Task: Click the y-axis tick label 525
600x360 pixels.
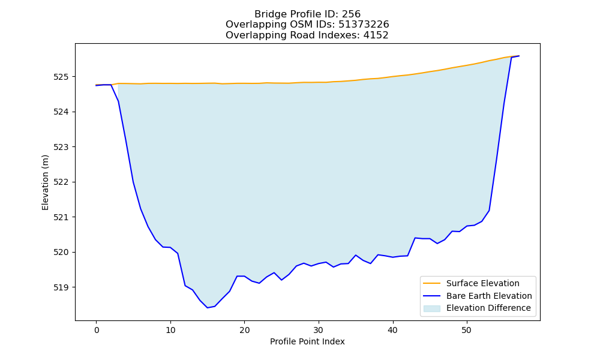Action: [x=61, y=77]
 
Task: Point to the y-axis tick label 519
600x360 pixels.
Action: [x=61, y=287]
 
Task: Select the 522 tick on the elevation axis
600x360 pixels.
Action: [x=61, y=182]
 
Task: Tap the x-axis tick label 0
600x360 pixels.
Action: [x=97, y=330]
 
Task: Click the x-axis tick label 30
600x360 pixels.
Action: [x=319, y=330]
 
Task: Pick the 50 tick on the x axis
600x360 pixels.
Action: [x=466, y=330]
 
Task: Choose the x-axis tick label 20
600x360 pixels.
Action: [x=245, y=330]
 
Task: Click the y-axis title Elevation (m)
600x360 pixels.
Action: [x=45, y=182]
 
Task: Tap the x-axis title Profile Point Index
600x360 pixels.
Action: [x=307, y=341]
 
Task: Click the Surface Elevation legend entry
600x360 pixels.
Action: [x=482, y=283]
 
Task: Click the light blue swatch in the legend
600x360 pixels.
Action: [x=431, y=308]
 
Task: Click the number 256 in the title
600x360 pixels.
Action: [x=351, y=14]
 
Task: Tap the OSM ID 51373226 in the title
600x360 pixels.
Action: [x=364, y=25]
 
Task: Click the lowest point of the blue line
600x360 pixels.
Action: [x=208, y=308]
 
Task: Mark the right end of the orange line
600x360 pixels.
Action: [x=519, y=56]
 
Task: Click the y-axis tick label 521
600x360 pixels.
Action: [x=61, y=217]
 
